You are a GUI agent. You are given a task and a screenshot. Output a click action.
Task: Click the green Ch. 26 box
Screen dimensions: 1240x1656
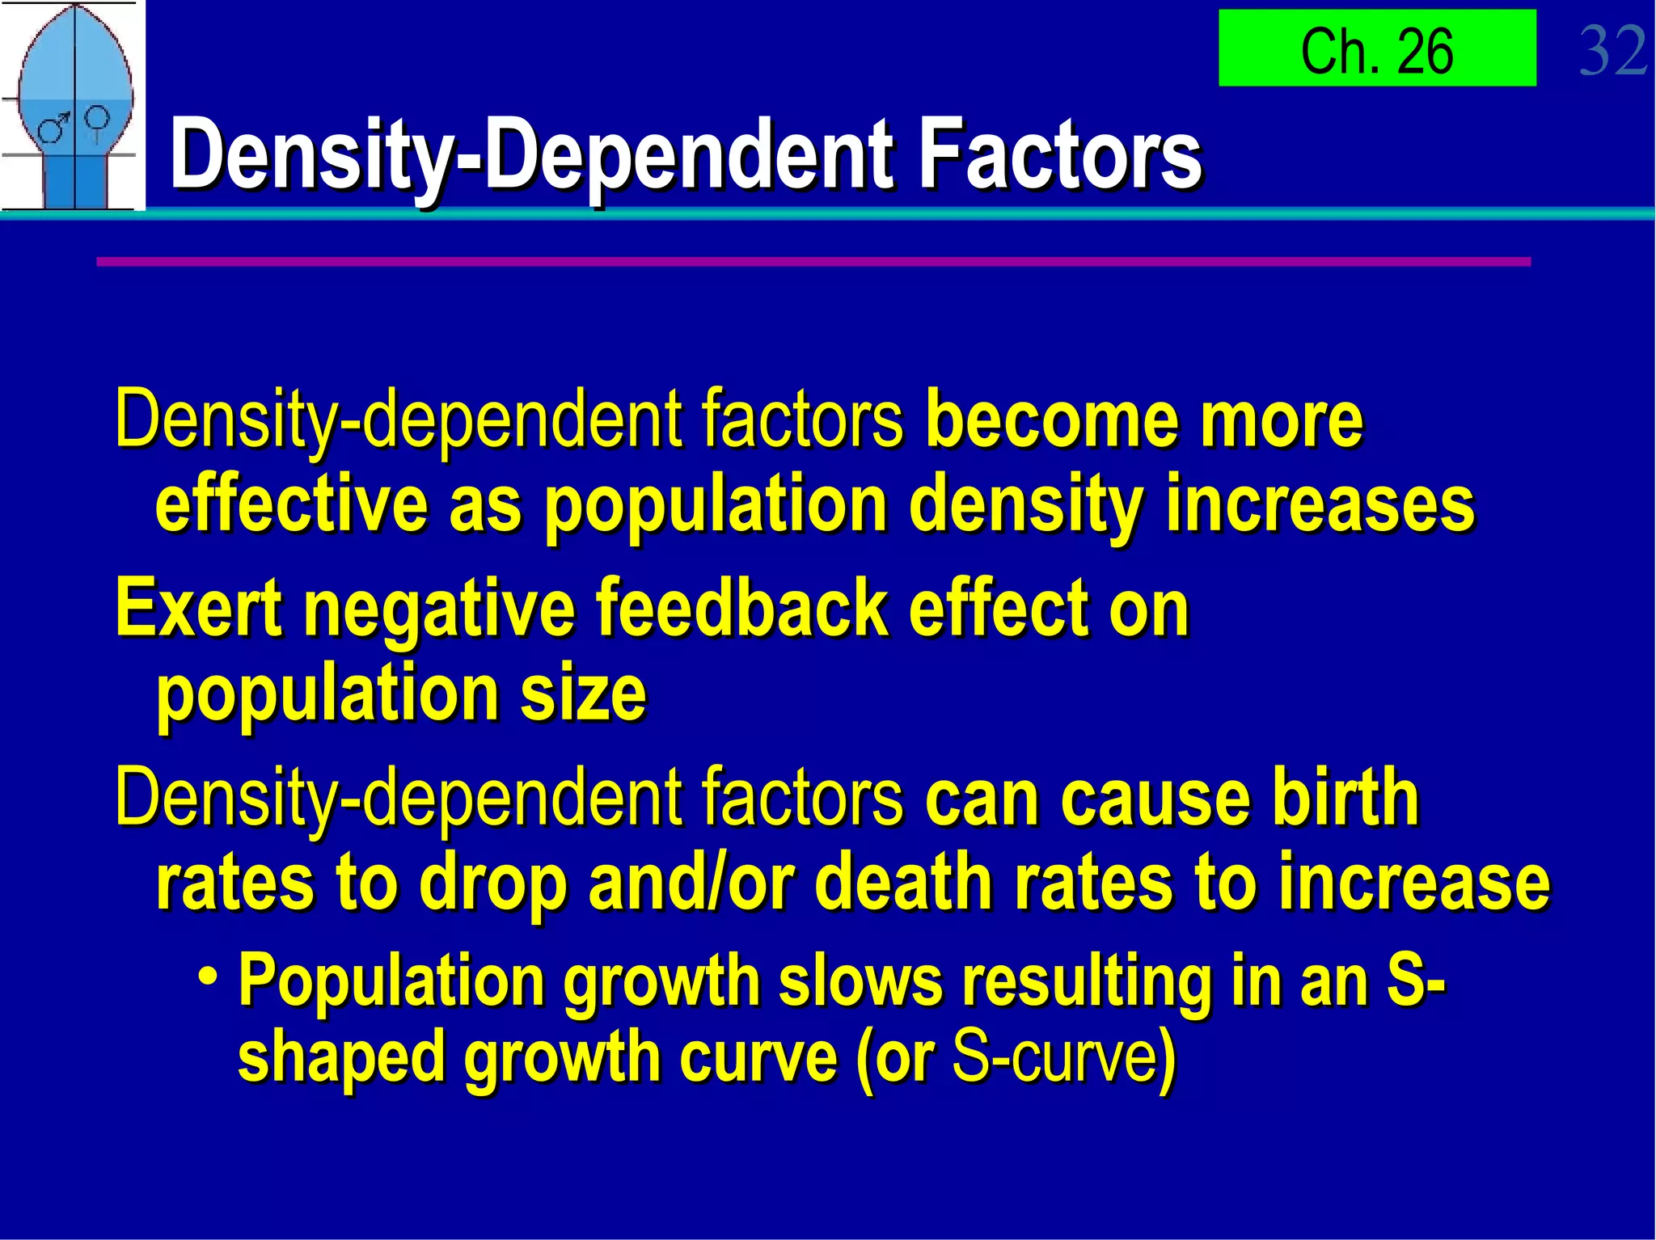[1376, 49]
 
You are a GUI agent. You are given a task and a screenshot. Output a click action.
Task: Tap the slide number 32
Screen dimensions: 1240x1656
[1612, 50]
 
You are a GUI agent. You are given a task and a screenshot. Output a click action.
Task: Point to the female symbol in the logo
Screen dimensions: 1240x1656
[97, 121]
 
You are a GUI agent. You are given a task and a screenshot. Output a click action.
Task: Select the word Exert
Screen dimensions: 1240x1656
[198, 608]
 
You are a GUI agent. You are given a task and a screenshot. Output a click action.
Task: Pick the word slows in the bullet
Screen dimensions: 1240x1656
[860, 981]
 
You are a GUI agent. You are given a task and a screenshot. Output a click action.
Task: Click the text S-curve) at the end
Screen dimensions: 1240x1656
[1064, 1057]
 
